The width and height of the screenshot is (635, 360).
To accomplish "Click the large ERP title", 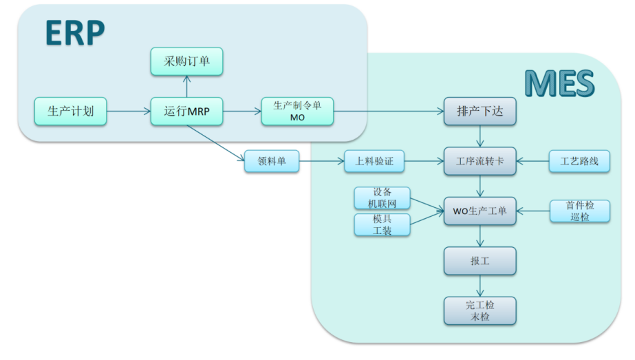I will tap(75, 32).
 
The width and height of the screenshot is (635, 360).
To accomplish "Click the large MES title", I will tap(559, 84).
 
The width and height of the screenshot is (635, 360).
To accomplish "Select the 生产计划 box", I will tap(71, 111).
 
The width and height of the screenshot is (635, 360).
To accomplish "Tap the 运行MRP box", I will tap(186, 111).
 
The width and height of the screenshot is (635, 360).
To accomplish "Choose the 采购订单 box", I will tap(186, 62).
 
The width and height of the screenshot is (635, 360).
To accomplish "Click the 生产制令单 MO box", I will tap(297, 111).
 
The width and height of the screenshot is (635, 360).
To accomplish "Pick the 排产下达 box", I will tap(480, 111).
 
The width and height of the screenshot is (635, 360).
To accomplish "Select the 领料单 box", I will tap(272, 162).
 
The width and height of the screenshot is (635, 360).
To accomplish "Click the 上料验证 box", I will tap(374, 162).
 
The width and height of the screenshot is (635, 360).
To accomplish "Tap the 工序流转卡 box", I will tap(480, 162).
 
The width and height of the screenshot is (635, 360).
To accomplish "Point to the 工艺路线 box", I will tap(579, 162).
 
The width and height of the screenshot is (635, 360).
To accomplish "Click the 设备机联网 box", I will tap(383, 198).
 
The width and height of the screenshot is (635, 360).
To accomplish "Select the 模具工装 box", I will tap(383, 225).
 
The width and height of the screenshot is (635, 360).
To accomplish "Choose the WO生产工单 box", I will tap(480, 211).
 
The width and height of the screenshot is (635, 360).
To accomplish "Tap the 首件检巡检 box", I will tap(579, 211).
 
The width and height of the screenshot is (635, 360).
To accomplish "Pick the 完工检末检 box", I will tap(480, 310).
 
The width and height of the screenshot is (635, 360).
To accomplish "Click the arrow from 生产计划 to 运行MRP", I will tap(129, 111).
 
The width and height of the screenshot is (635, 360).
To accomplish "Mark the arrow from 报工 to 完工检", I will tap(480, 286).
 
